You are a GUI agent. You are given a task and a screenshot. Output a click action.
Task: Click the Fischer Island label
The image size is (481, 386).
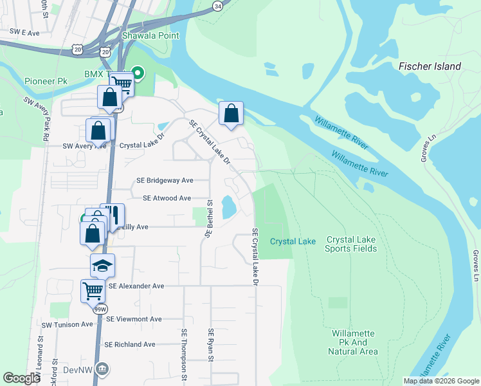coord(430,66)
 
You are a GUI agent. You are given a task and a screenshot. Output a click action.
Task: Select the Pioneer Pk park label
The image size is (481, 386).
coord(46,82)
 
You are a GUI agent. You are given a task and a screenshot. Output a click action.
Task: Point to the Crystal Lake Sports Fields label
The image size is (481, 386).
coord(350,243)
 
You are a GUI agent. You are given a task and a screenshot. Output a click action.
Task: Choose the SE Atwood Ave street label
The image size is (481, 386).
coord(167,198)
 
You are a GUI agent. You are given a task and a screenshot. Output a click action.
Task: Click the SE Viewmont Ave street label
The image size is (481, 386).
coord(134,319)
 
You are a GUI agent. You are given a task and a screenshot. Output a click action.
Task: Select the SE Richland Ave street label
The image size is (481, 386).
coord(131,344)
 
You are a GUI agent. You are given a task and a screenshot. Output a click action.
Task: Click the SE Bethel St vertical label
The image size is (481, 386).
coord(208,218)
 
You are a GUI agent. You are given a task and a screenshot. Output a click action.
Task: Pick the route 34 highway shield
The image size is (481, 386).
coord(217,6)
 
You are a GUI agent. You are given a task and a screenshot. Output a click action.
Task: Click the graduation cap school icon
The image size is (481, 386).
coord(102,266)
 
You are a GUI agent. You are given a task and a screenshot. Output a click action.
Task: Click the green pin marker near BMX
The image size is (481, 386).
coord(136,72)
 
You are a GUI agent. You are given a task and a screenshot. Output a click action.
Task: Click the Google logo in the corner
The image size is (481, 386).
coord(21,378)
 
